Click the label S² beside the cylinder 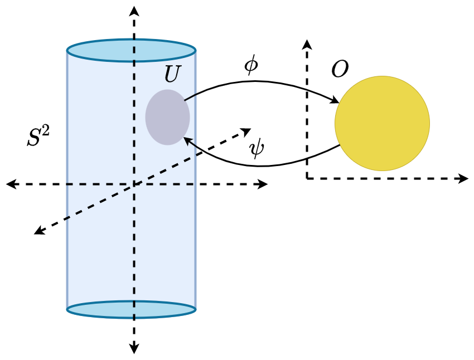37,137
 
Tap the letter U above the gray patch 173,74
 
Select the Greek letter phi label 251,65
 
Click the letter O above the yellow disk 340,69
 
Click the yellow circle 382,123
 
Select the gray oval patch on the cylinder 167,117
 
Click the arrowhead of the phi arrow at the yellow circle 336,101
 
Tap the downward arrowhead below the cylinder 134,349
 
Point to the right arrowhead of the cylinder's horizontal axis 263,184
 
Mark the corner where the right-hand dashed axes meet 307,178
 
